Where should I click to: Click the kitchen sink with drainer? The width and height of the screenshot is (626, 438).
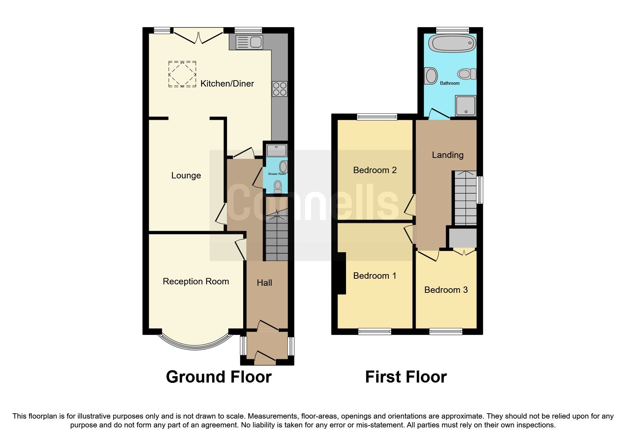[249, 42]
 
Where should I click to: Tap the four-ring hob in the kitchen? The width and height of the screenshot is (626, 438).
[279, 89]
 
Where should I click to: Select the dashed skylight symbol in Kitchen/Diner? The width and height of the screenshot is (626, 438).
[182, 74]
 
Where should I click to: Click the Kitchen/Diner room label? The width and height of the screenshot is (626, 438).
[227, 84]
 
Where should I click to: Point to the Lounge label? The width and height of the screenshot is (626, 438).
[186, 176]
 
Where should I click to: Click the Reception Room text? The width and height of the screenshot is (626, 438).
[196, 282]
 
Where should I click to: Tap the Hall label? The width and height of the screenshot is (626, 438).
[264, 283]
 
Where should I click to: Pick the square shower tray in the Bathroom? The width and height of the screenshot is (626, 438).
[466, 106]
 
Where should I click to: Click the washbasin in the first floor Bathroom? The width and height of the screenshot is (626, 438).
[431, 76]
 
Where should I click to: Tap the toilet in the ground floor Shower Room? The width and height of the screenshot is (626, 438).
[278, 186]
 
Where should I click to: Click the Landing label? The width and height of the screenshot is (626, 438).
[447, 155]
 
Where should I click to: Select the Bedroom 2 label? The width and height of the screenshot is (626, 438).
[375, 170]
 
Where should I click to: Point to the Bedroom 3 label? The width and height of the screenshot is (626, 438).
[446, 290]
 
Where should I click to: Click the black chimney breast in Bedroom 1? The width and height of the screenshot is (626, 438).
[341, 273]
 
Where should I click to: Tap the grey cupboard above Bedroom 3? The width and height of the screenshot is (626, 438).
[462, 238]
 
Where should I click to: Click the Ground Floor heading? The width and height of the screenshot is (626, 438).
[218, 377]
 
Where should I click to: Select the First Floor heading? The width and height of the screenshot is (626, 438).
[406, 377]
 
